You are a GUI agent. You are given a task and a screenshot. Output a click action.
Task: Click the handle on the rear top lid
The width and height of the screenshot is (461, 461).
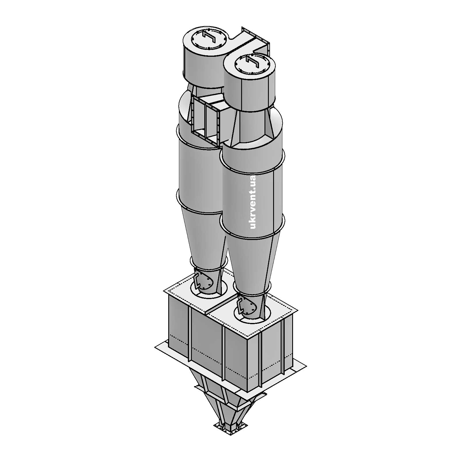point(209,37)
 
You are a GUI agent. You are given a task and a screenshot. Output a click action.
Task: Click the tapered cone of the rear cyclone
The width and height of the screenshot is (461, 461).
point(203,236)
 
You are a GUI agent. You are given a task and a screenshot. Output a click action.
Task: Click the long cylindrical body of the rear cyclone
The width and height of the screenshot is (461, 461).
point(199,173)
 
